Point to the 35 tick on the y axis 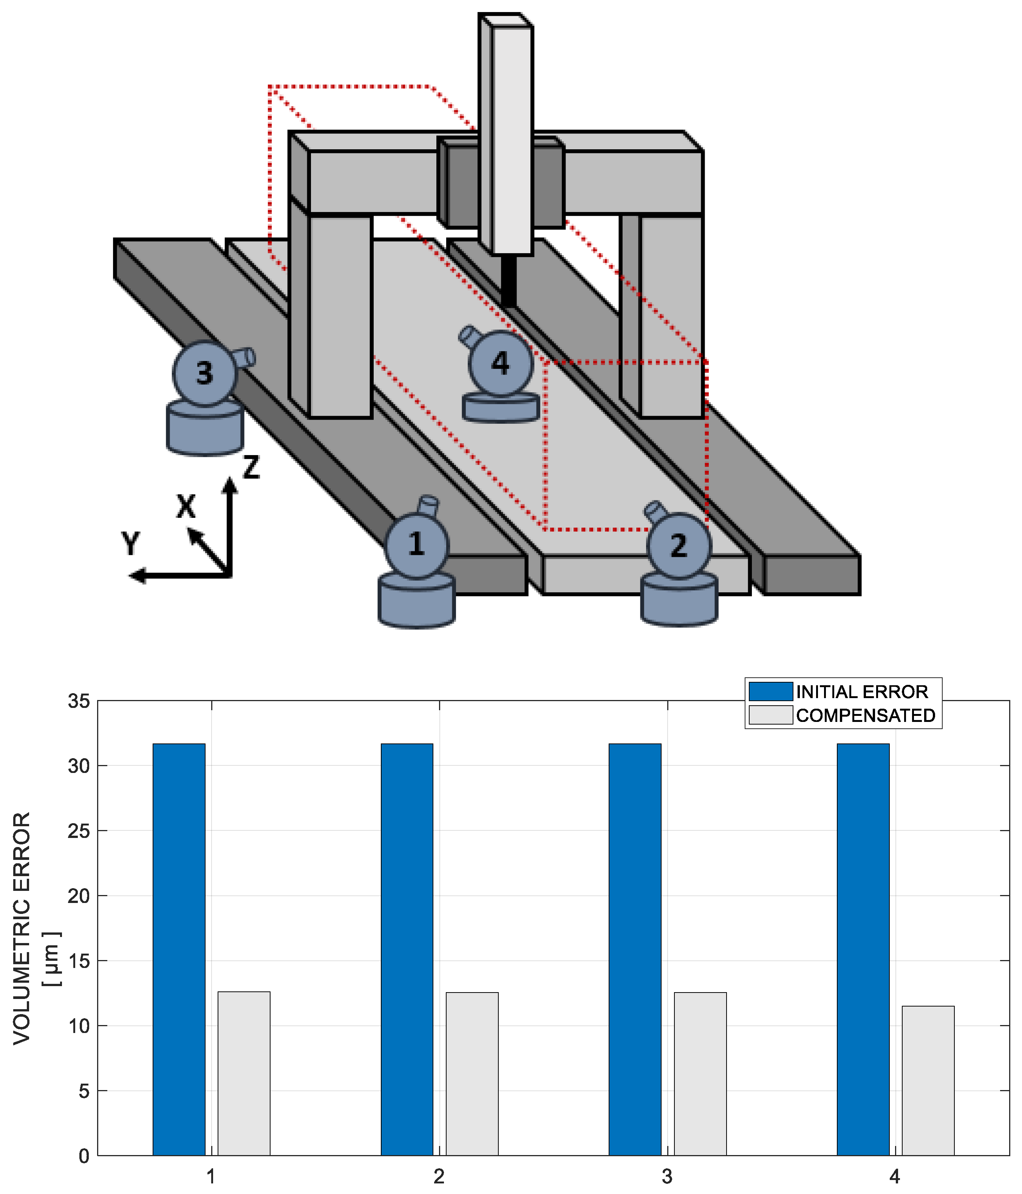click(x=79, y=701)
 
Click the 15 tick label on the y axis click(x=79, y=961)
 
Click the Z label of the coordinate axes click(x=251, y=467)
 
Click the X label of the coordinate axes click(x=186, y=506)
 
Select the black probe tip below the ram click(x=508, y=281)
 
